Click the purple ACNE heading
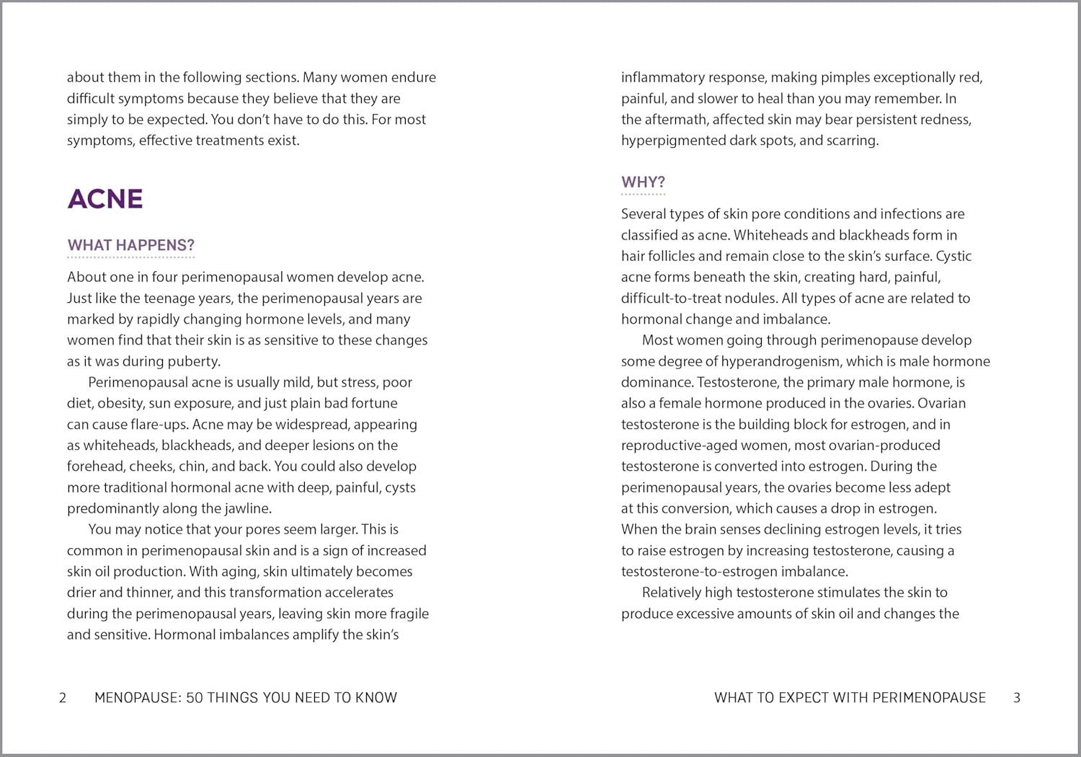(105, 199)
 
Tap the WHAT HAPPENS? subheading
(131, 245)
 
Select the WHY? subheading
(643, 182)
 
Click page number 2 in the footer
(63, 697)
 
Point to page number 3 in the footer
(1017, 697)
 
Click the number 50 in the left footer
(194, 697)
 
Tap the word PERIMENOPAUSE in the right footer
(929, 697)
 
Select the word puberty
(193, 361)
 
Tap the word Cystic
(953, 256)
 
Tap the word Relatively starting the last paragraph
(677, 593)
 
